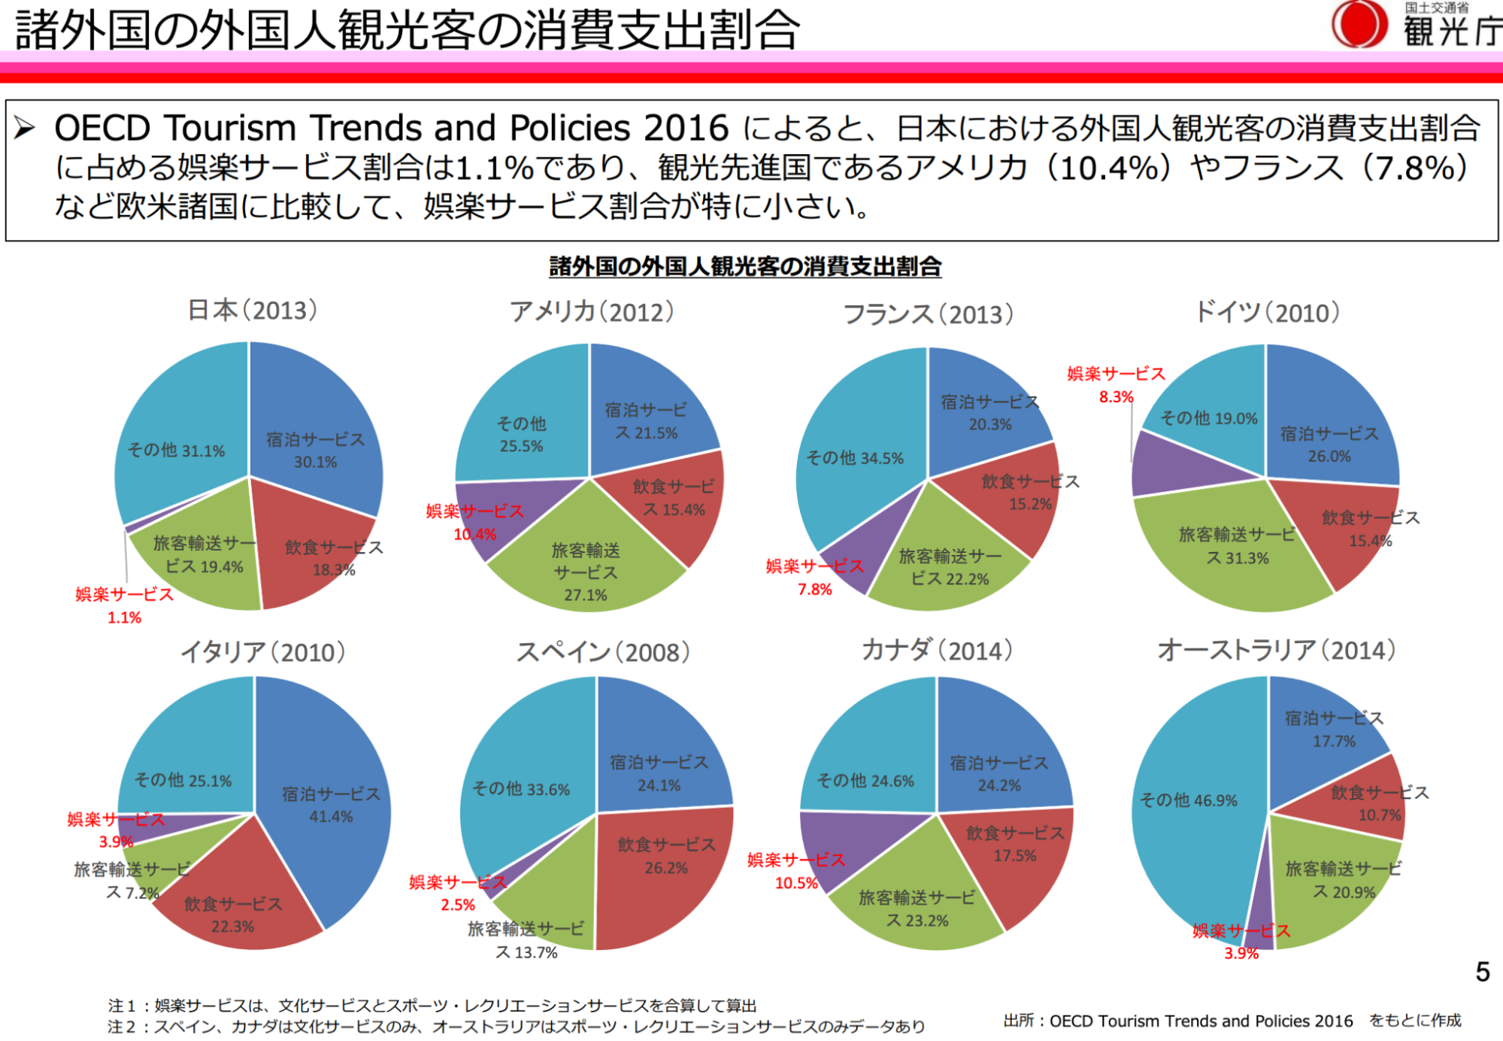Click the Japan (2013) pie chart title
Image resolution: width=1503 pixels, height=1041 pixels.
coord(252,310)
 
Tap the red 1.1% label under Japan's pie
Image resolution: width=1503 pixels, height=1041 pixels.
coord(124,618)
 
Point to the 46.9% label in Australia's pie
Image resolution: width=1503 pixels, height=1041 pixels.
coord(1188,800)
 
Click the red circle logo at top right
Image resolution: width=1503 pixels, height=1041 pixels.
coord(1359,24)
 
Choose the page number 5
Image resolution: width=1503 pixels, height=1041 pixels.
coord(1482,972)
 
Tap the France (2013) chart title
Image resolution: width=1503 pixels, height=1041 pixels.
coord(929,314)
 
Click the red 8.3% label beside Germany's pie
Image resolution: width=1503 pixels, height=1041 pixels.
coord(1116,397)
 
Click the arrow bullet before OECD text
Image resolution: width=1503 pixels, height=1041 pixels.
coord(25,128)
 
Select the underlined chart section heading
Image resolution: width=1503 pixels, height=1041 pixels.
coord(745,266)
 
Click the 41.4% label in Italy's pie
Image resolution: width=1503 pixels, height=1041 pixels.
coord(331,817)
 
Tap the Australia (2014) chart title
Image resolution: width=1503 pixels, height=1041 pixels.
coord(1276,650)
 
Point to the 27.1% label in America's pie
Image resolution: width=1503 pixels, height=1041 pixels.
coord(585,595)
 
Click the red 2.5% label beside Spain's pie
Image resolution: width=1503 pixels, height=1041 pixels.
coord(458,905)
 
